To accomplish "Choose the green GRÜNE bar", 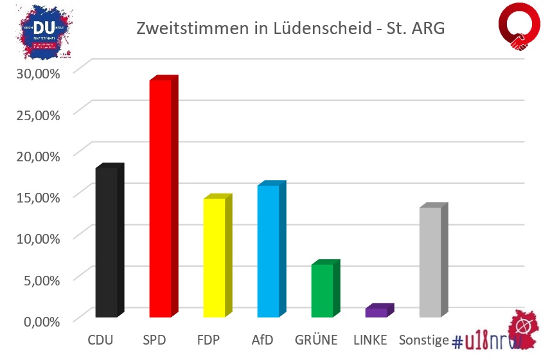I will [323, 291].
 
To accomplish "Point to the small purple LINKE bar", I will [377, 312].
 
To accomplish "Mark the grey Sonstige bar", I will [430, 262].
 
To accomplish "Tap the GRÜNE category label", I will [317, 339].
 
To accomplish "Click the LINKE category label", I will [370, 339].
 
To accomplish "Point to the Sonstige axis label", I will [423, 339].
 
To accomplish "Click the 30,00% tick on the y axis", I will [38, 73].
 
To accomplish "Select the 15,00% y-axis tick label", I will [38, 197].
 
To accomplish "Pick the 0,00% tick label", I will [41, 320].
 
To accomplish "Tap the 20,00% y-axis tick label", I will [38, 155].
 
